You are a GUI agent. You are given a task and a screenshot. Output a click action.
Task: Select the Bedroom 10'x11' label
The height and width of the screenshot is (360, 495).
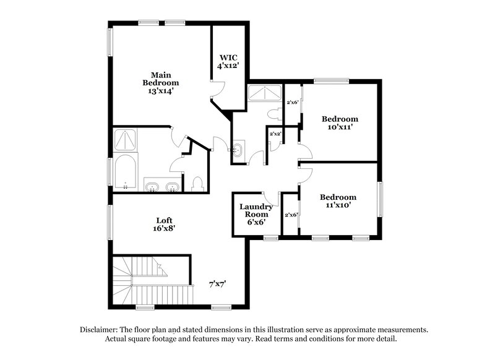click(340, 122)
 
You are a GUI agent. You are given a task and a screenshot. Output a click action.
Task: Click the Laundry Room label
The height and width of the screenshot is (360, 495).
click(256, 214)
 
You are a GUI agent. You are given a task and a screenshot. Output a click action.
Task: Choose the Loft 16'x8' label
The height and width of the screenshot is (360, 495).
click(163, 224)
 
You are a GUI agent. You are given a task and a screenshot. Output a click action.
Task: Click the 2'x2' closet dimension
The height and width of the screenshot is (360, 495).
click(275, 134)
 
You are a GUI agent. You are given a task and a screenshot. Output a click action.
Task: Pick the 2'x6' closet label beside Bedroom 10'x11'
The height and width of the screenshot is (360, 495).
click(292, 103)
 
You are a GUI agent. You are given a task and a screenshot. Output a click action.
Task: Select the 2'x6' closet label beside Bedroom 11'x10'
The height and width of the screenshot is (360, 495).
click(290, 215)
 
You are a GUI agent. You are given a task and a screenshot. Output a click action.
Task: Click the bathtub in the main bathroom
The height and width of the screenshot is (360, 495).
click(126, 174)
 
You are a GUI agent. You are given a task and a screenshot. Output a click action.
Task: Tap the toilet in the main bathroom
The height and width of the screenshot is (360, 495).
click(197, 184)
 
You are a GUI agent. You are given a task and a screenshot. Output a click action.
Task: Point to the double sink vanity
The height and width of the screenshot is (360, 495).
click(163, 186)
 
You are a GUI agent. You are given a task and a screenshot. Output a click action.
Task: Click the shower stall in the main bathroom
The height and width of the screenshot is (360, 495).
click(126, 140)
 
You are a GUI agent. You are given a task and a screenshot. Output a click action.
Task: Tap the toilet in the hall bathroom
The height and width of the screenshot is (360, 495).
click(277, 114)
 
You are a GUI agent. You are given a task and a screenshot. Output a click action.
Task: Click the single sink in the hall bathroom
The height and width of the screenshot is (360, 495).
click(239, 149)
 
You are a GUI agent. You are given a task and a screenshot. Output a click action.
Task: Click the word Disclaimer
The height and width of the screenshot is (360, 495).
click(101, 330)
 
